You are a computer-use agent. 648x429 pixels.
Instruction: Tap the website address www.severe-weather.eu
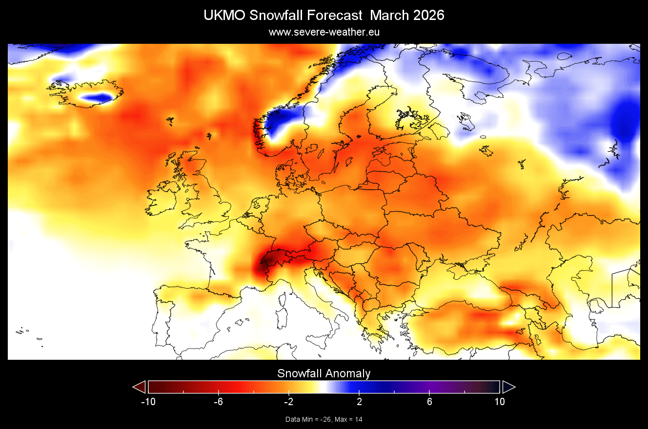(x=324, y=32)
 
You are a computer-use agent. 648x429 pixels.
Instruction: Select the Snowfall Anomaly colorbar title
(x=324, y=373)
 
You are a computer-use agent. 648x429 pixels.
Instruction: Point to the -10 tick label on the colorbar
(x=148, y=402)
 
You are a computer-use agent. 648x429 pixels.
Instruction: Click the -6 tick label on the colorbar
(x=218, y=402)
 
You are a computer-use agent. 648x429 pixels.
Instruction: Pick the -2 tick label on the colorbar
(x=288, y=402)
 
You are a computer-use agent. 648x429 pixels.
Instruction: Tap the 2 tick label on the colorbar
(x=359, y=402)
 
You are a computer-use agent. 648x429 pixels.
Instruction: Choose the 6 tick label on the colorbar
(x=429, y=402)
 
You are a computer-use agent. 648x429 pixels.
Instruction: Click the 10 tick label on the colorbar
(x=499, y=402)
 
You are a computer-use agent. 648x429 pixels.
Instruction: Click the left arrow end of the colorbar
(x=140, y=387)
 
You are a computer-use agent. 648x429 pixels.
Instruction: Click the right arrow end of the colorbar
(x=508, y=387)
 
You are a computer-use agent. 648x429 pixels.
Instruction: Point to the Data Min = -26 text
(x=307, y=419)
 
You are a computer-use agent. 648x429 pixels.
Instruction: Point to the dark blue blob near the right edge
(x=625, y=119)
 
